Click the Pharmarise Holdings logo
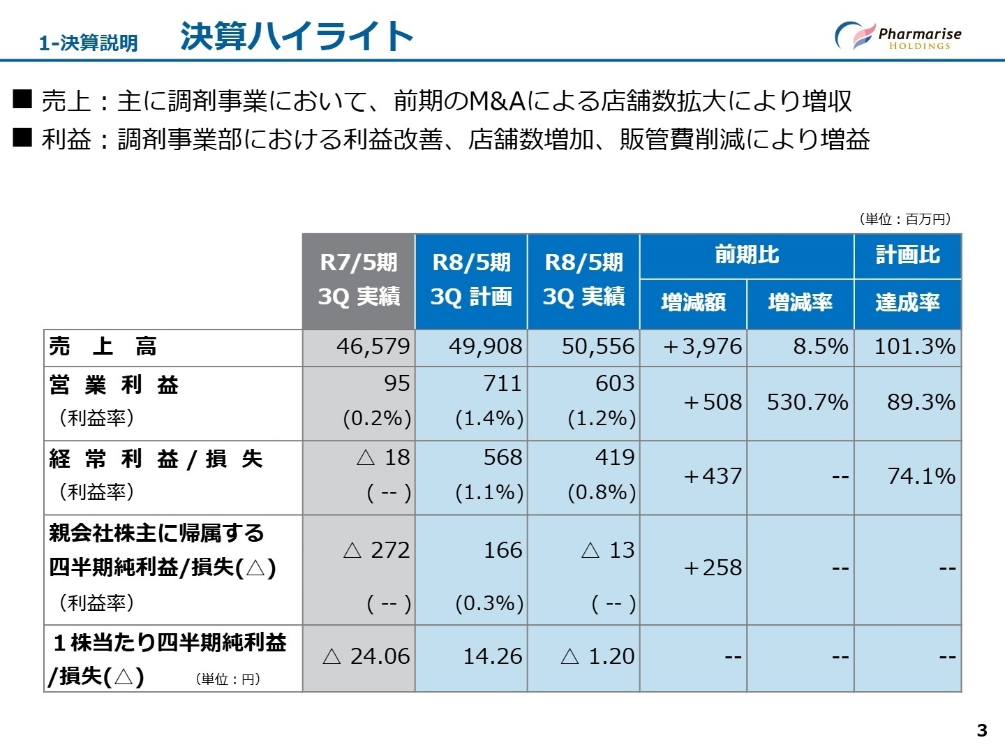(898, 36)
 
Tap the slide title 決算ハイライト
(297, 36)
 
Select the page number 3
(982, 730)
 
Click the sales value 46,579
(373, 346)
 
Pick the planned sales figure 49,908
(485, 346)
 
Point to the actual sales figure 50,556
(598, 346)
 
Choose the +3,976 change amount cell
(702, 346)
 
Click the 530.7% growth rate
(807, 402)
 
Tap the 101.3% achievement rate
(914, 346)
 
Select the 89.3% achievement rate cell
(921, 402)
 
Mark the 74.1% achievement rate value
(921, 476)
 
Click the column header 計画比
(907, 256)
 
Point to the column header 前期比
(746, 256)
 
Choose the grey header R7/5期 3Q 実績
(359, 280)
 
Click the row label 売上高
(103, 346)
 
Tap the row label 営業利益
(114, 385)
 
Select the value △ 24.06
(366, 656)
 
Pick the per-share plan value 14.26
(492, 656)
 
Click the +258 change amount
(712, 568)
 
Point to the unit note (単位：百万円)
(904, 219)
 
